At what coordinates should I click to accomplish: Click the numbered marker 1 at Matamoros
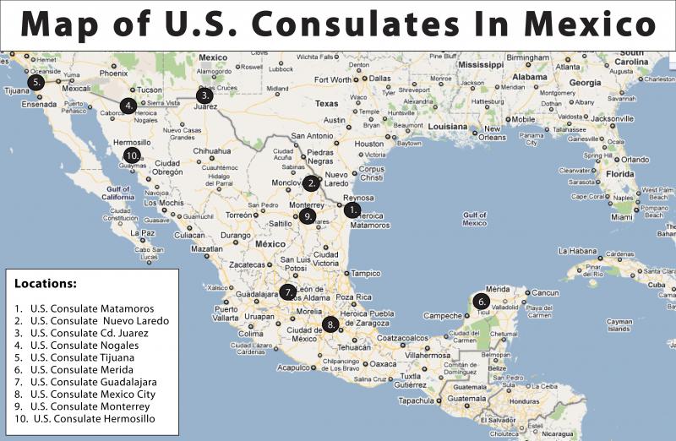[x=352, y=210]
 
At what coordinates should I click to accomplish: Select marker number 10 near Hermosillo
[x=131, y=155]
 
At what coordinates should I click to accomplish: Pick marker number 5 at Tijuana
[x=35, y=83]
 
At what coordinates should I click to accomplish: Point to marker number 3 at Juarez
[x=204, y=95]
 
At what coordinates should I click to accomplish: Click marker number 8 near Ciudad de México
[x=330, y=324]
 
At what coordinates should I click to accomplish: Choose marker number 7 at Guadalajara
[x=288, y=293]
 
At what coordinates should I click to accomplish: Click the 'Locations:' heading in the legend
[x=46, y=284]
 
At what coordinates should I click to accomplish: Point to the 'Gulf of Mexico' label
[x=474, y=219]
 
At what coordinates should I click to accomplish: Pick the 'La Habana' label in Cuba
[x=577, y=251]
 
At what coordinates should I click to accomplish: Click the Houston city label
[x=368, y=144]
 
